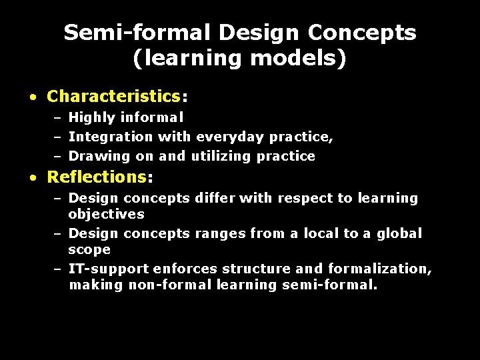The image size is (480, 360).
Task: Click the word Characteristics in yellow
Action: coord(113,96)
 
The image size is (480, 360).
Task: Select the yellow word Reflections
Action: coord(96,177)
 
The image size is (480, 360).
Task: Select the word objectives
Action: coord(106,214)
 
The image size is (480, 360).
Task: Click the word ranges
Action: coord(220,233)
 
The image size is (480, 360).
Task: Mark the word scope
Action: coord(89,249)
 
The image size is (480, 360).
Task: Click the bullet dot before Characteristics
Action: coord(33,97)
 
